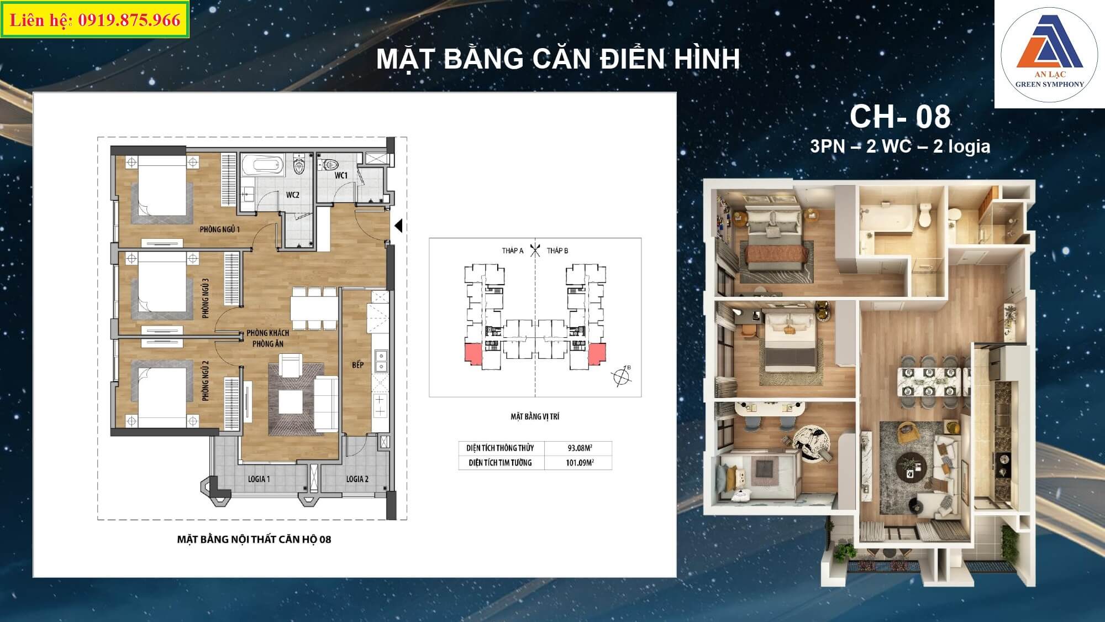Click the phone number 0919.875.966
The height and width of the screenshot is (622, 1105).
click(129, 20)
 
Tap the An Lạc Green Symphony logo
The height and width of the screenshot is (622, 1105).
click(1049, 54)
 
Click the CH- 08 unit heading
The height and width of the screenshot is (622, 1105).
click(900, 117)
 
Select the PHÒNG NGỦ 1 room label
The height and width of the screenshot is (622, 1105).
click(220, 229)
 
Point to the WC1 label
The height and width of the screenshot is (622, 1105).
click(341, 175)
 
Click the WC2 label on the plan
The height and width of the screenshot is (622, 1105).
click(293, 195)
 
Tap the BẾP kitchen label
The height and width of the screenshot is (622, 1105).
click(358, 365)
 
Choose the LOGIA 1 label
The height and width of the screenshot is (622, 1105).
click(259, 479)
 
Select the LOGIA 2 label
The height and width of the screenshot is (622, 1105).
click(357, 479)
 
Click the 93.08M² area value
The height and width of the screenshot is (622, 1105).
click(580, 448)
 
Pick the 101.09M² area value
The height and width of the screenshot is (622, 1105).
click(580, 462)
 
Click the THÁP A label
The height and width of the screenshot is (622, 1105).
click(513, 250)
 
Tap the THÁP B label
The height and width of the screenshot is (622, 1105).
click(557, 250)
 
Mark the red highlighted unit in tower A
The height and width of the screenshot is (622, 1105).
click(473, 354)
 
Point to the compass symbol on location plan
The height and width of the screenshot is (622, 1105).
click(622, 375)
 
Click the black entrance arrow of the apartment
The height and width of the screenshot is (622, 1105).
click(398, 226)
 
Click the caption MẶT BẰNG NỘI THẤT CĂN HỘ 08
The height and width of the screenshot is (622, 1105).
click(254, 539)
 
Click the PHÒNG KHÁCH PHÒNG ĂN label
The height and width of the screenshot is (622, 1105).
click(268, 338)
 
